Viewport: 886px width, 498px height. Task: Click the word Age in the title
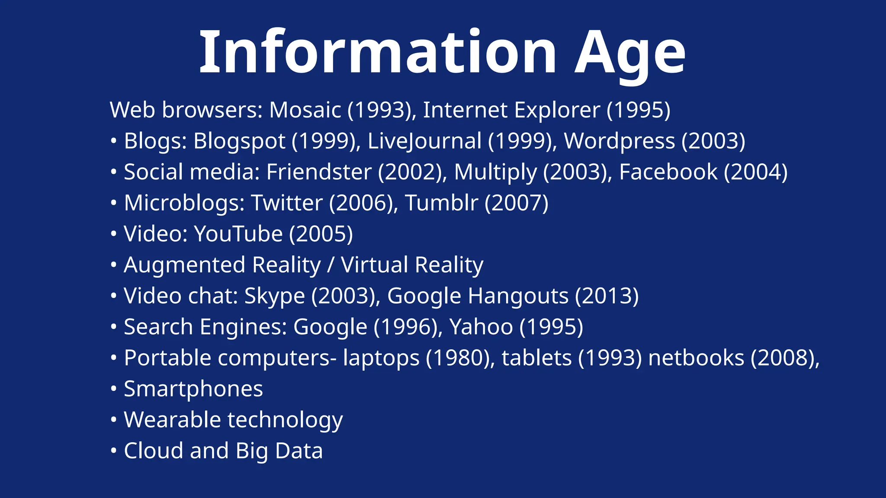629,53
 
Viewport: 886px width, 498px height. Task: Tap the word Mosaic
305,110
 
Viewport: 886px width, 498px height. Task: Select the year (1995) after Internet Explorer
638,110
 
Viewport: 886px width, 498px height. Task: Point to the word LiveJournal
424,141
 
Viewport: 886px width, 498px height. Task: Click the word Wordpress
620,141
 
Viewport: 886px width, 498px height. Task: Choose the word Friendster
319,172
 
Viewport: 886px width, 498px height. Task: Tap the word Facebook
668,172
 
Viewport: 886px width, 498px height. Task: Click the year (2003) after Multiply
578,172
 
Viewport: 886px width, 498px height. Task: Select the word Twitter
287,203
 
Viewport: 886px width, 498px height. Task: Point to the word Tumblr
441,203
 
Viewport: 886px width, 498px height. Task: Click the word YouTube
238,234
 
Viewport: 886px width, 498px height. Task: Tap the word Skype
275,296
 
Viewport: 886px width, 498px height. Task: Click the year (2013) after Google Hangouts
607,296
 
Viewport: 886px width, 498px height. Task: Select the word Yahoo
481,327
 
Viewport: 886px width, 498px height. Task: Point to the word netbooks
696,358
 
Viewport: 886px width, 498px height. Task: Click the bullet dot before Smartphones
113,389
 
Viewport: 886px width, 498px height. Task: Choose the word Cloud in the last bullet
153,450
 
